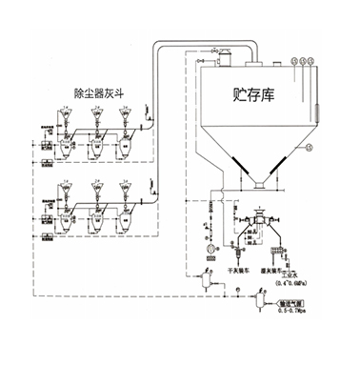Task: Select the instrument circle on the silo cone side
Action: point(310,147)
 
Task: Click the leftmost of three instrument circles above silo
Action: point(290,63)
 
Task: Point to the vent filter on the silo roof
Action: point(226,58)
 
